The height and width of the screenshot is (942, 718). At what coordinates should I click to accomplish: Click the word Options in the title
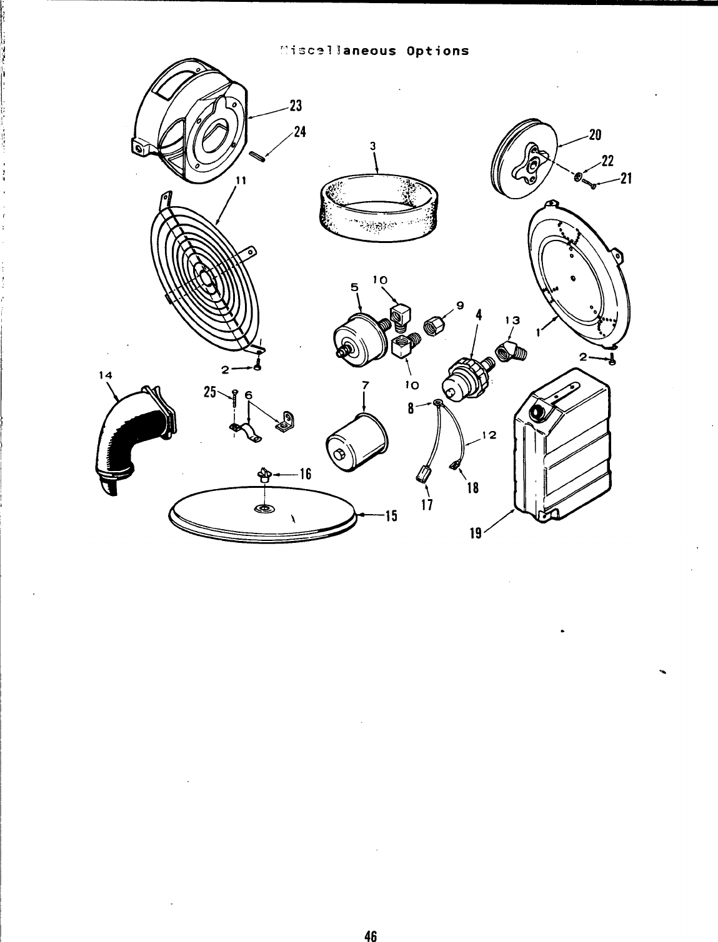(x=437, y=51)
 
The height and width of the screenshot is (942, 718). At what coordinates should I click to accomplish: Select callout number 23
(x=295, y=106)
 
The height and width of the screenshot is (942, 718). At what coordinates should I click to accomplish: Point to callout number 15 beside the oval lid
(x=391, y=516)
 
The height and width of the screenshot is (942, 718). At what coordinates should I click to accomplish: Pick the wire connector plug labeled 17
(x=422, y=477)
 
